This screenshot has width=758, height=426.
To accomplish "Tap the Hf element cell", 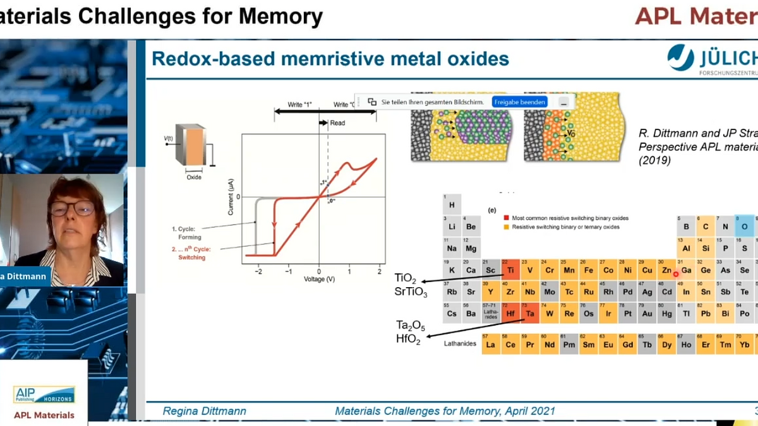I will click(x=510, y=312).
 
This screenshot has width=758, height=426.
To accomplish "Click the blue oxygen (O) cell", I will click(x=745, y=225).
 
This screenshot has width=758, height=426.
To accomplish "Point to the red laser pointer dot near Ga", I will click(x=676, y=274).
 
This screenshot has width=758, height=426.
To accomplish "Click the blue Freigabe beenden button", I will click(x=519, y=102).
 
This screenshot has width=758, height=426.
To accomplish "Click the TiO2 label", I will click(x=406, y=278).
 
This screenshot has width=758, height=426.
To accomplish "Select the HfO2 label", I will click(x=408, y=341).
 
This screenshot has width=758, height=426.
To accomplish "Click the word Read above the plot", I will click(x=337, y=123).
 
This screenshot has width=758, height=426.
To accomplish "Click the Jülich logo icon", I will click(x=680, y=58).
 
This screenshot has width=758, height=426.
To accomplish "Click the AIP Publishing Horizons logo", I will click(x=44, y=395).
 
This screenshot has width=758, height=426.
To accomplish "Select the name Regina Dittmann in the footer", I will click(x=204, y=411).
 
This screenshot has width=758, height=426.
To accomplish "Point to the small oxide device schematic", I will click(x=189, y=146).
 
